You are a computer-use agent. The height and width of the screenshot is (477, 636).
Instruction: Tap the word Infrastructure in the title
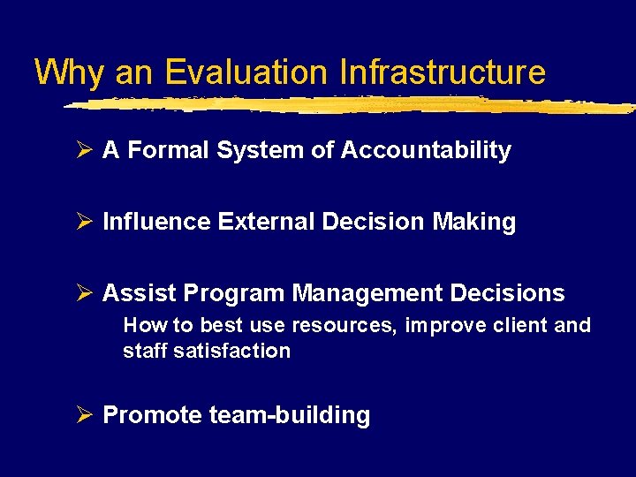coord(443,72)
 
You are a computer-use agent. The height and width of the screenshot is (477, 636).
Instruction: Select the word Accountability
coord(425,151)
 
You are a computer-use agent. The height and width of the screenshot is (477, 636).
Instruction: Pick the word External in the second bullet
coord(261,222)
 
